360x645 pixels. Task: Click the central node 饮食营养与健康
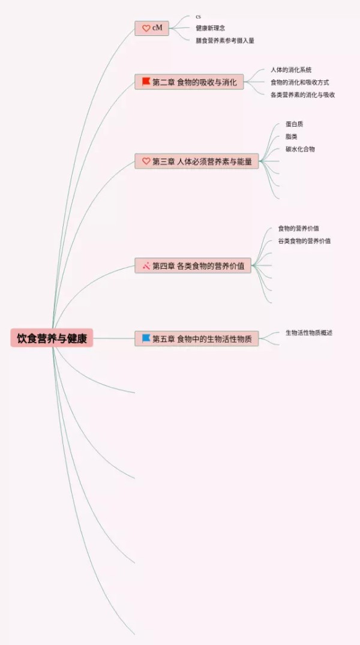tap(52, 338)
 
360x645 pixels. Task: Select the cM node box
tap(152, 28)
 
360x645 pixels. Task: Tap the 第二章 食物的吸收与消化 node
tap(189, 82)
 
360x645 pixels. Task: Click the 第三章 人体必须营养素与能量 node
tap(197, 161)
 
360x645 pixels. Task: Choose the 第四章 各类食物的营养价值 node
tap(193, 266)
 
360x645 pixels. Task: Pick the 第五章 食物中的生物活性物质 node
tap(197, 339)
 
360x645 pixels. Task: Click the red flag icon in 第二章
tap(146, 82)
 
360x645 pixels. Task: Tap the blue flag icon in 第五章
tap(146, 338)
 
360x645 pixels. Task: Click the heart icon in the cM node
tap(146, 28)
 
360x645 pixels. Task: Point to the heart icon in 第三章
tap(146, 161)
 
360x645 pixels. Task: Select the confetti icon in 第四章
tap(146, 266)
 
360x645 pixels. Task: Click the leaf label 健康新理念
tap(210, 28)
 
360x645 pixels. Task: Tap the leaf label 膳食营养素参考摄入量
tap(224, 41)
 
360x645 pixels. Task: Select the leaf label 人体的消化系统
tap(291, 70)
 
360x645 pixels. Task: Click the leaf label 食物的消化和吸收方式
tap(299, 82)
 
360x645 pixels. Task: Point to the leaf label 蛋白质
tap(294, 124)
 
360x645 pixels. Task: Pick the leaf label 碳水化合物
tap(300, 149)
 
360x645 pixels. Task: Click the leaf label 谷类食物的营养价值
tap(304, 241)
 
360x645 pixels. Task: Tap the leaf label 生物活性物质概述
tap(309, 333)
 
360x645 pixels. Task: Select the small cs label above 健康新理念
tap(199, 16)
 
